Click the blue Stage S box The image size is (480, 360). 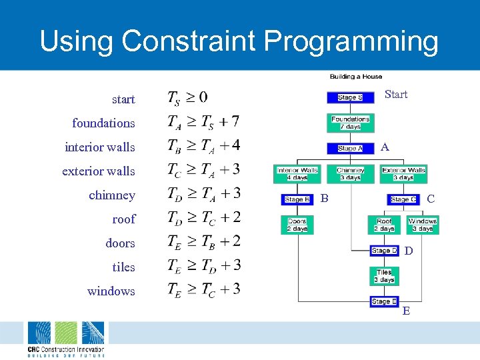[x=350, y=97]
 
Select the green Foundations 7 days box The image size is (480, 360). [x=350, y=123]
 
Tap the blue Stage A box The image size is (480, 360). [x=350, y=149]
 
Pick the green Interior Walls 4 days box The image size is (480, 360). [x=297, y=174]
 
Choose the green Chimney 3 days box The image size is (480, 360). [x=350, y=174]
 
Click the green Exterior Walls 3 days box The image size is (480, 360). [x=403, y=174]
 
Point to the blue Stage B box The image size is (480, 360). [x=297, y=199]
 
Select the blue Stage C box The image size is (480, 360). [x=403, y=199]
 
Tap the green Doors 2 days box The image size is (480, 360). [x=297, y=225]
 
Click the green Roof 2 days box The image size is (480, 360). [x=384, y=225]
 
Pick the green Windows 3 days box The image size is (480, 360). [x=422, y=225]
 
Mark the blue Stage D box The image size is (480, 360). [x=384, y=251]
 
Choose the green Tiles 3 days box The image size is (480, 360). [x=384, y=276]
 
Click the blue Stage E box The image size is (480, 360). [x=384, y=301]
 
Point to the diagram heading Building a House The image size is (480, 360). [x=355, y=77]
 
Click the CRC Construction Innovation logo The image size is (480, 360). [x=66, y=339]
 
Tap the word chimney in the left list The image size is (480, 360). [x=112, y=195]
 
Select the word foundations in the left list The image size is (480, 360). [x=103, y=123]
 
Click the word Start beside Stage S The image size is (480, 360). [x=396, y=95]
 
